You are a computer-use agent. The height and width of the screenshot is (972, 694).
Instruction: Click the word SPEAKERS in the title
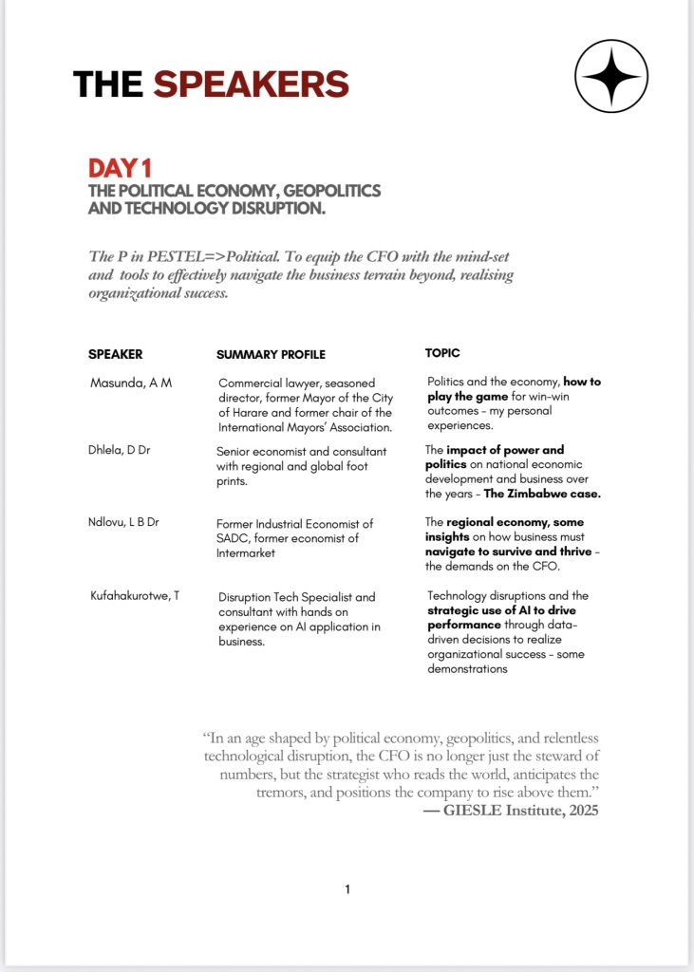[251, 84]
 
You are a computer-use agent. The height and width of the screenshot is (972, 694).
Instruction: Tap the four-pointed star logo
[611, 76]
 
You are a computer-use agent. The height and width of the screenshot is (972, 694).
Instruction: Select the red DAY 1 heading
[120, 169]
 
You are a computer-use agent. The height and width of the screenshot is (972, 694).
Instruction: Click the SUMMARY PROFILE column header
[271, 355]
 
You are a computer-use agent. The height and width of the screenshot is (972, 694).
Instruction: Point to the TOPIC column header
[442, 352]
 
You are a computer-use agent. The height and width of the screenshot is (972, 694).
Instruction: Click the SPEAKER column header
[115, 354]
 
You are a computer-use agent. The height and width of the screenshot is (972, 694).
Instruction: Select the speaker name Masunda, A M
[131, 383]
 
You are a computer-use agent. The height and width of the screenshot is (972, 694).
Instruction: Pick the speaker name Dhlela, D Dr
[119, 449]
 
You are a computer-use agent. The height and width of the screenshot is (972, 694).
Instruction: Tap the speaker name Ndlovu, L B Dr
[123, 523]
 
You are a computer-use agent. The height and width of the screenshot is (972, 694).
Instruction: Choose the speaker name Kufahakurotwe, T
[134, 596]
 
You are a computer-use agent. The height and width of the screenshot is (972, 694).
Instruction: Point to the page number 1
[347, 889]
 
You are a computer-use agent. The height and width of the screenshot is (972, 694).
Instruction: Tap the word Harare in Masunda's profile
[239, 412]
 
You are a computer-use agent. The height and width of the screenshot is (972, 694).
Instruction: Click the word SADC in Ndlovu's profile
[234, 538]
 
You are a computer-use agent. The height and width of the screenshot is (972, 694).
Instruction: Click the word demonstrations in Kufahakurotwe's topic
[467, 669]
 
